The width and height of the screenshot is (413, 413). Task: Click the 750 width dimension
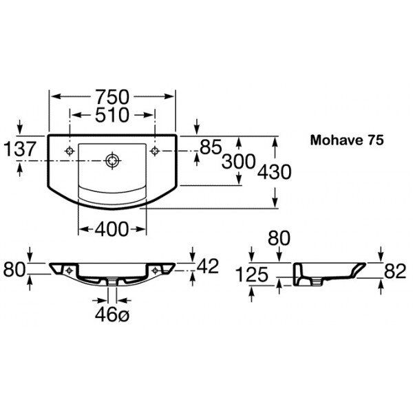(x=112, y=97)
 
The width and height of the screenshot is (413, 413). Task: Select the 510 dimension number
(x=112, y=115)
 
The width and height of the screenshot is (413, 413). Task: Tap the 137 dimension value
(x=19, y=149)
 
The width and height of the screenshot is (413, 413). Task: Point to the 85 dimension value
(x=211, y=147)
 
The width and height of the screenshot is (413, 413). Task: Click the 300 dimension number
(x=239, y=161)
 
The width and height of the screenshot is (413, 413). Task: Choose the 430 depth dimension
(x=274, y=172)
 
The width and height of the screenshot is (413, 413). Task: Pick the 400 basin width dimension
(x=112, y=229)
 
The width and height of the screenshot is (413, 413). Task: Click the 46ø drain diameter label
(x=112, y=315)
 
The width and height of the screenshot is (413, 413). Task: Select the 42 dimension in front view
(x=208, y=266)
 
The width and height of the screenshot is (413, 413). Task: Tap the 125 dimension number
(x=252, y=275)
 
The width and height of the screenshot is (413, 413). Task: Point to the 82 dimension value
(x=395, y=271)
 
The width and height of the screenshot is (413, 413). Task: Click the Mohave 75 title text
(x=347, y=140)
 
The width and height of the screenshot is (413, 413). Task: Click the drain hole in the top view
(x=113, y=160)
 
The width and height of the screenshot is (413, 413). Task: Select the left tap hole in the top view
(x=70, y=151)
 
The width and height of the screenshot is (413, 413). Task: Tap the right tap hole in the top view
(x=155, y=151)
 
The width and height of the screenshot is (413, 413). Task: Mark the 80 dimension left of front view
(x=14, y=269)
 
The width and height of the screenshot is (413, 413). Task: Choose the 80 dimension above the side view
(x=279, y=238)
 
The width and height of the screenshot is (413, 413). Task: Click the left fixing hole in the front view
(x=70, y=271)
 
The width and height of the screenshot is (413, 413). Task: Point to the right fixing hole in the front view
(x=155, y=271)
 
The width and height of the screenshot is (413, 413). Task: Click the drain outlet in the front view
(x=112, y=282)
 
